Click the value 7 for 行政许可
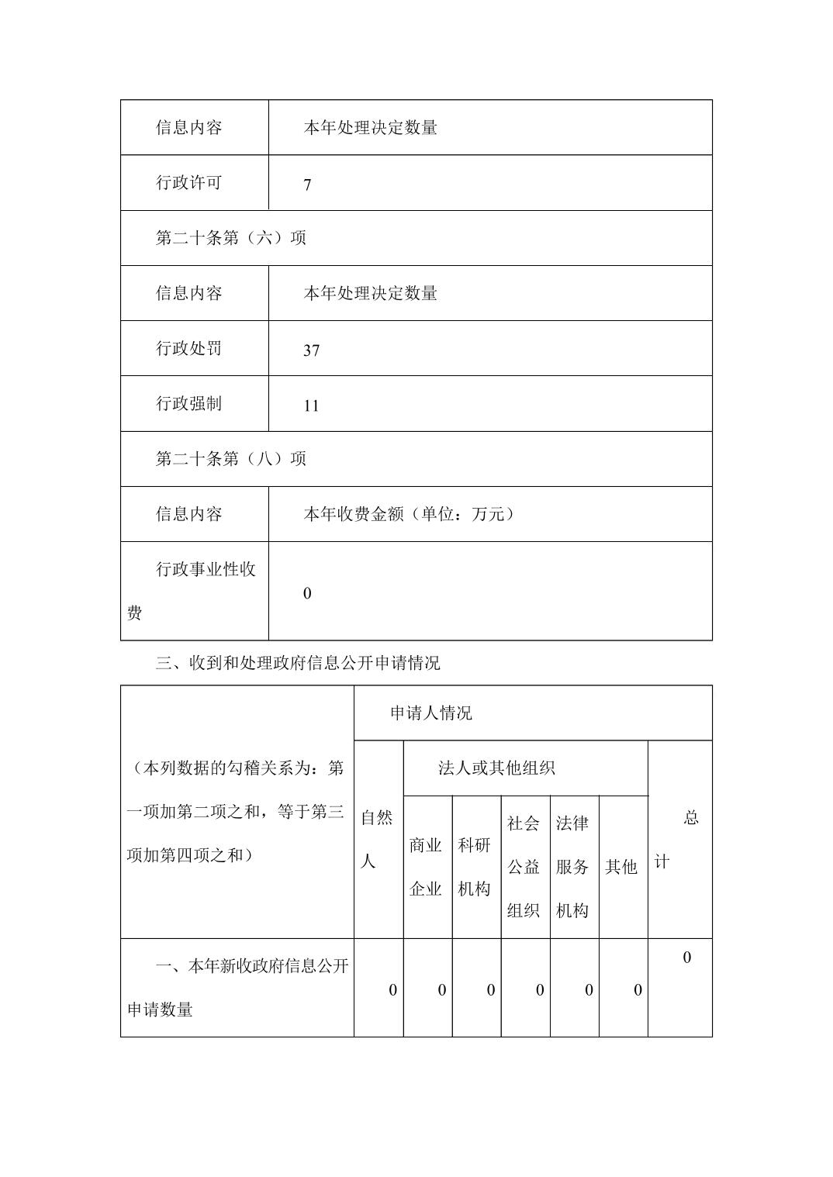tap(308, 185)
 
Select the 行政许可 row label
tap(188, 183)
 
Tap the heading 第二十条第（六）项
tap(230, 238)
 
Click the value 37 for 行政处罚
tap(311, 350)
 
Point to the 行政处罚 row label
tap(188, 349)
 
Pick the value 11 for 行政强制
tap(311, 406)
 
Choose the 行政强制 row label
tap(188, 404)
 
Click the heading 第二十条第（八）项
tap(230, 459)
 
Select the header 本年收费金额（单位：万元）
tap(409, 514)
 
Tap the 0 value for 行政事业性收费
tap(307, 593)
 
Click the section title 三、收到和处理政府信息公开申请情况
tap(298, 663)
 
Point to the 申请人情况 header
tap(430, 713)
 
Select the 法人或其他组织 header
tap(496, 768)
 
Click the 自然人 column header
tap(378, 839)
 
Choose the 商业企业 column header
tap(426, 867)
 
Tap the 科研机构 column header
tap(475, 867)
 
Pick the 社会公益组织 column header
tap(524, 867)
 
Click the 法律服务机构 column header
tap(572, 867)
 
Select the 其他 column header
tap(621, 867)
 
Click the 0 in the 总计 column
tap(686, 958)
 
